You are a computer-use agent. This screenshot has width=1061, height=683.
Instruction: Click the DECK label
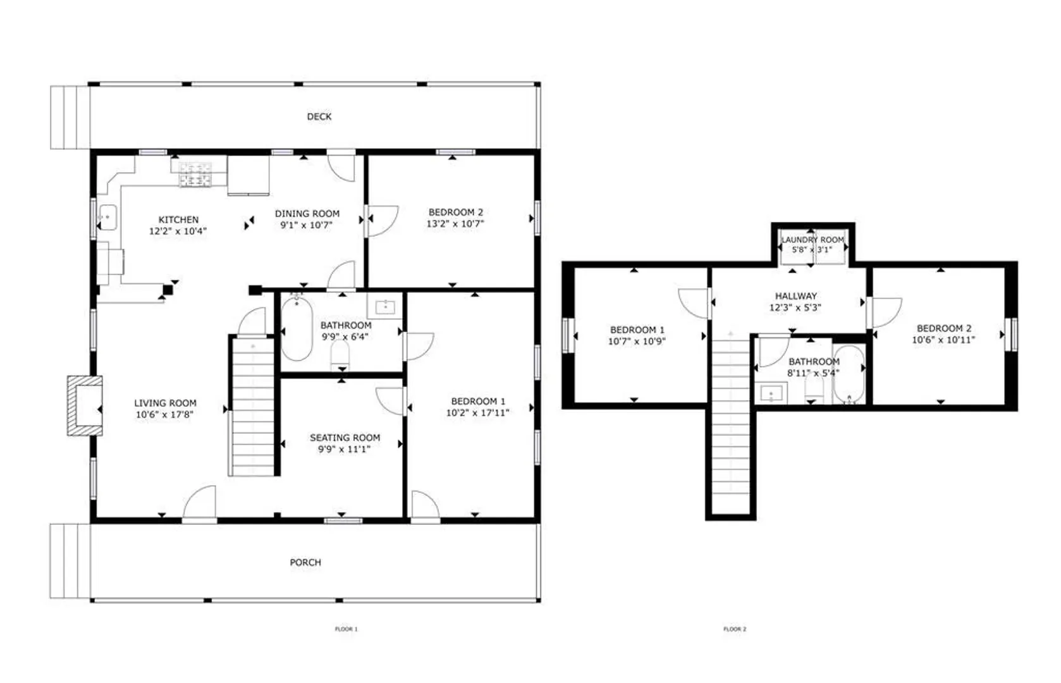pos(319,116)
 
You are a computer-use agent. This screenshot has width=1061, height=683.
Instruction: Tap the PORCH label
pos(305,562)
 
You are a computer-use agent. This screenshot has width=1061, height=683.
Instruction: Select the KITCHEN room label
pos(178,220)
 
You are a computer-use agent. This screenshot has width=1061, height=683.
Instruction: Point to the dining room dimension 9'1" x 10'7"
pos(307,225)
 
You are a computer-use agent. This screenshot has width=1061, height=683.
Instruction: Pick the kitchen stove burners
pos(195,175)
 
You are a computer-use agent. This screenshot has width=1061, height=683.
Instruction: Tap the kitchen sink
pos(108,218)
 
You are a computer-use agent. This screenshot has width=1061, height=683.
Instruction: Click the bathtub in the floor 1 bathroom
pos(297,328)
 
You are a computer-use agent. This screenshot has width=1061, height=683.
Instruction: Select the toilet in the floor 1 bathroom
pos(340,355)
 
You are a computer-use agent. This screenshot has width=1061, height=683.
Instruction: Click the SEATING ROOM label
pos(345,438)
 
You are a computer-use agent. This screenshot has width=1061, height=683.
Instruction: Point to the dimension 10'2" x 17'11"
pos(477,412)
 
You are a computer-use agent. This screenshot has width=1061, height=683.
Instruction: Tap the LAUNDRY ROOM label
pos(813,240)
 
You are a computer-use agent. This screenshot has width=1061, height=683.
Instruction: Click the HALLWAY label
pos(795,296)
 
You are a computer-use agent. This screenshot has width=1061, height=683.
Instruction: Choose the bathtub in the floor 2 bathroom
pos(849,375)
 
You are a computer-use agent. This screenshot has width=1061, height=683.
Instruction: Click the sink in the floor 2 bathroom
pos(771,393)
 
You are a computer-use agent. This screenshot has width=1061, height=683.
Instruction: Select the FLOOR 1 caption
pos(347,629)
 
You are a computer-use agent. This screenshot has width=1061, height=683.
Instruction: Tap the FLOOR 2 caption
pos(735,629)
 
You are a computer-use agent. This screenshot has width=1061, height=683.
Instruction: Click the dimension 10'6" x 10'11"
pos(943,340)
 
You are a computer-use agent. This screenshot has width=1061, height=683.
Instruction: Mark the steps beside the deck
pos(70,118)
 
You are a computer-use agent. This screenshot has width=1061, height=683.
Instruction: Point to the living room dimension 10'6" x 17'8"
pos(164,414)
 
